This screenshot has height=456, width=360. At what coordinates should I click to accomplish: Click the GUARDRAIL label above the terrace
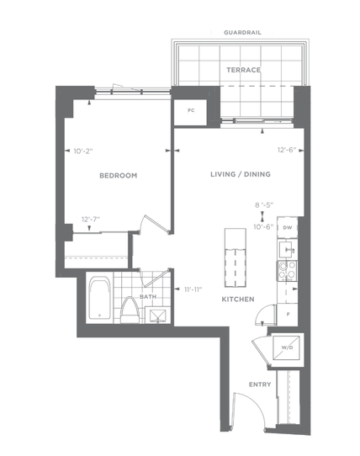coord(242,33)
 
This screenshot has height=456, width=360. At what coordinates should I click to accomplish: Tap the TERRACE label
coord(243,70)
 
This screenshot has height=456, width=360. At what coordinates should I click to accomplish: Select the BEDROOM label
coord(119,176)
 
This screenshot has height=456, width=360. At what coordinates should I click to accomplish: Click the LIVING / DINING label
coord(241,174)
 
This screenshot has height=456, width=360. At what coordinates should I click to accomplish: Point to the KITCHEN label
coord(238,300)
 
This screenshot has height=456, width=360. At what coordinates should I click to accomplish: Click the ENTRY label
coord(260,384)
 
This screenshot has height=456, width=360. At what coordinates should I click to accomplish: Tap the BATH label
coord(148,297)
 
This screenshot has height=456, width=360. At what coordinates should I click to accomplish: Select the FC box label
coord(191,110)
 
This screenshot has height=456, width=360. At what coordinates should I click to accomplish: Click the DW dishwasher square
coord(288,227)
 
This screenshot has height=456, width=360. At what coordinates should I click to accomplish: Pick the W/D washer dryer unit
coord(287,347)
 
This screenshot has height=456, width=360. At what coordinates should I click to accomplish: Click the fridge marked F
coord(288,315)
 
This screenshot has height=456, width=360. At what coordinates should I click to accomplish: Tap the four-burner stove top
coord(287,271)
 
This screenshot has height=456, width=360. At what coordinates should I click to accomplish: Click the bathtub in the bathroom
coord(99,298)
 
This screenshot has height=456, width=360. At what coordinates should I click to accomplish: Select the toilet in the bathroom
coord(130,310)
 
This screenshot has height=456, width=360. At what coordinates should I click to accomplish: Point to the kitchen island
coord(235,257)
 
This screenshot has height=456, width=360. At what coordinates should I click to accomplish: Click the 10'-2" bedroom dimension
coord(83,151)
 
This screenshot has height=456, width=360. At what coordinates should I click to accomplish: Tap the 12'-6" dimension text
coord(287,150)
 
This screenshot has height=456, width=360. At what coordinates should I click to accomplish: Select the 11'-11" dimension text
coord(193,289)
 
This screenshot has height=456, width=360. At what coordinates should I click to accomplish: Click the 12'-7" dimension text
coord(91,220)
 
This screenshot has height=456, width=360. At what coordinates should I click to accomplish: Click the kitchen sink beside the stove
coord(287,250)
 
